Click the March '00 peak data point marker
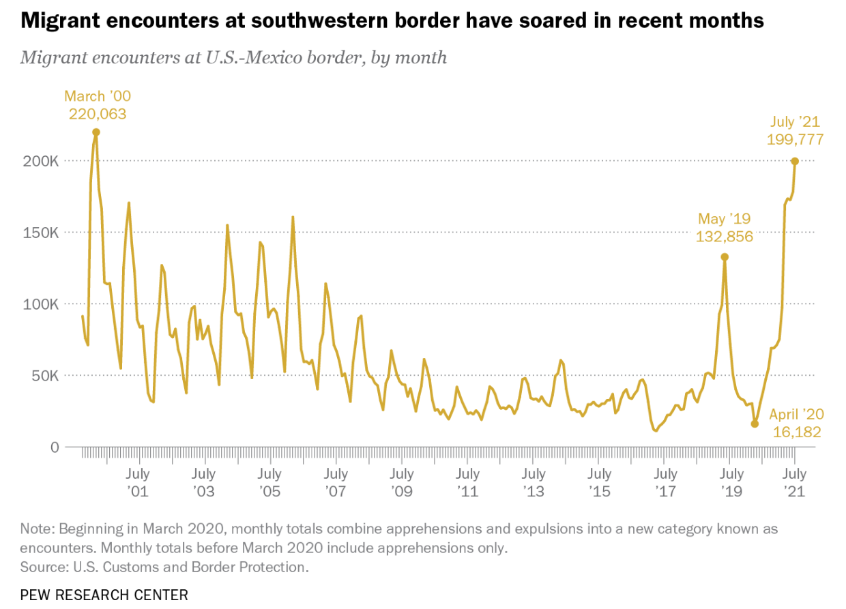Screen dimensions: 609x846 [96, 132]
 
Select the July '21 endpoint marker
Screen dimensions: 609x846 [795, 161]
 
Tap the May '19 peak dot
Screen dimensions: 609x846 [725, 257]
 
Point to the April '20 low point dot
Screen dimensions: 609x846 [755, 424]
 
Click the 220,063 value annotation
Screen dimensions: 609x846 [98, 114]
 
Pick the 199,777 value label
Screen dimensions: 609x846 [796, 140]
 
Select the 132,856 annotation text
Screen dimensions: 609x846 [725, 237]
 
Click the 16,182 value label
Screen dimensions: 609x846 [797, 432]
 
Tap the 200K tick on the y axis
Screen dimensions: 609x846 [42, 161]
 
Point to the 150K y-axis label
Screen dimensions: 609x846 [42, 233]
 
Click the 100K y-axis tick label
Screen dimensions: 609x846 [42, 304]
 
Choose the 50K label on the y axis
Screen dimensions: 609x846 [46, 376]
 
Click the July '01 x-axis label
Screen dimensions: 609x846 [138, 482]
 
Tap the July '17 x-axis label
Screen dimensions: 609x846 [665, 482]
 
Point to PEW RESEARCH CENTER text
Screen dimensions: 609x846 [104, 595]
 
